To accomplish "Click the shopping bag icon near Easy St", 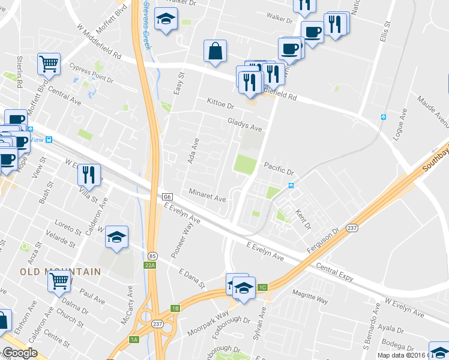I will pyautogui.click(x=215, y=52).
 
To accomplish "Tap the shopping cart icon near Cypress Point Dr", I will pyautogui.click(x=49, y=63).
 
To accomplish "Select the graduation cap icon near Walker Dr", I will pyautogui.click(x=165, y=19).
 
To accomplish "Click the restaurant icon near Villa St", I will pyautogui.click(x=89, y=174).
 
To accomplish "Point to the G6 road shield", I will pyautogui.click(x=167, y=197).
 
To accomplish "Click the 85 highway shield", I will pyautogui.click(x=152, y=255).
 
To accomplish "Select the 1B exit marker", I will pyautogui.click(x=175, y=308).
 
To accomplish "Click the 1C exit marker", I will pyautogui.click(x=262, y=287).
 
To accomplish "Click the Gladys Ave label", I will pyautogui.click(x=245, y=124).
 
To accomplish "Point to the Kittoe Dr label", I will pyautogui.click(x=220, y=104).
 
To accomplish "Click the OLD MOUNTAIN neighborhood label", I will pyautogui.click(x=61, y=272).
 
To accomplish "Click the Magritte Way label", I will pyautogui.click(x=310, y=296).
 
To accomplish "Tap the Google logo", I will pyautogui.click(x=20, y=353).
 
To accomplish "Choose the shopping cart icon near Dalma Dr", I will pyautogui.click(x=59, y=280).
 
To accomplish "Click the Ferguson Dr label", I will pyautogui.click(x=324, y=238).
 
